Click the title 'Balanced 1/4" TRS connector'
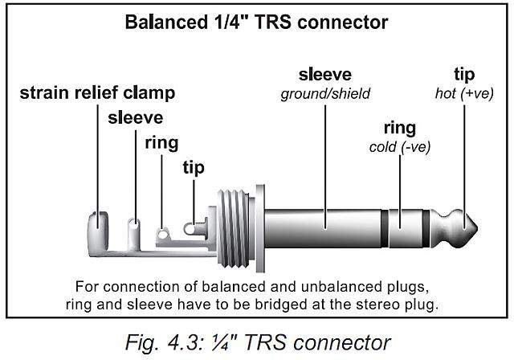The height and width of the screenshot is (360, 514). [x=256, y=22]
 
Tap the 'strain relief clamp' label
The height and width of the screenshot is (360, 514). [x=97, y=92]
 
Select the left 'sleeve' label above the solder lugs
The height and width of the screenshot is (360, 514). [x=136, y=117]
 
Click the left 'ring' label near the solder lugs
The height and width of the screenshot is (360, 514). [x=161, y=143]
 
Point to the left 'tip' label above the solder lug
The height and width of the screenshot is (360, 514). [x=194, y=167]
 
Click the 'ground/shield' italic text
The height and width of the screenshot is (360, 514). [x=325, y=94]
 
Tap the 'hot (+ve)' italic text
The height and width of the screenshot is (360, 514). [x=464, y=94]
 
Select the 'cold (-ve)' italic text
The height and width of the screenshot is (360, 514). [x=400, y=147]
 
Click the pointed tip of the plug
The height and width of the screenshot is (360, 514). [x=477, y=228]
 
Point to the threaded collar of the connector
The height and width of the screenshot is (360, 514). [x=236, y=229]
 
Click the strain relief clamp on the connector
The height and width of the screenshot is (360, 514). [x=98, y=231]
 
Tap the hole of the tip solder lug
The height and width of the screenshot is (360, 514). [x=190, y=229]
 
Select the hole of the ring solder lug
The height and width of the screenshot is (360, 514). [x=162, y=235]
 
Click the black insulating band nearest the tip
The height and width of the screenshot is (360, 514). [x=426, y=228]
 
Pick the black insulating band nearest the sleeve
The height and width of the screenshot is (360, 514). [x=385, y=228]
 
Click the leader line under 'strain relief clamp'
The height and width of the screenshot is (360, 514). [x=98, y=166]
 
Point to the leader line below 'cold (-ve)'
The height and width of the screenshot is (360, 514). [x=400, y=192]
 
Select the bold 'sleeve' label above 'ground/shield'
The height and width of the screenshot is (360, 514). [x=325, y=75]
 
